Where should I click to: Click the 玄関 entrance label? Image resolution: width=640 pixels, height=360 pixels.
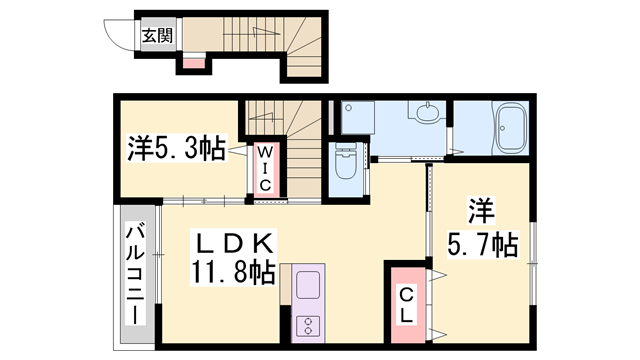pyautogui.click(x=157, y=36)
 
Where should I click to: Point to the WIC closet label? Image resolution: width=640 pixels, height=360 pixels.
pyautogui.click(x=265, y=169)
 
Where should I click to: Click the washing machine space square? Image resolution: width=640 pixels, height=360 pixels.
pyautogui.click(x=358, y=117)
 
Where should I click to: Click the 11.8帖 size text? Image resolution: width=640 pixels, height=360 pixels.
pyautogui.click(x=231, y=272)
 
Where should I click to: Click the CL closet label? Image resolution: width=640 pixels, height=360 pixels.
pyautogui.click(x=407, y=305)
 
